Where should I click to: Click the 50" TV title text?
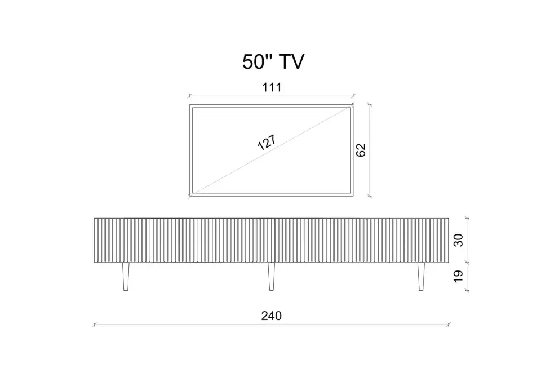pyautogui.click(x=273, y=62)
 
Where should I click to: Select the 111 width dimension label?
pyautogui.click(x=272, y=87)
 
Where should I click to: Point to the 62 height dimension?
pyautogui.click(x=361, y=150)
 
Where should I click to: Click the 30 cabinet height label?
pyautogui.click(x=458, y=240)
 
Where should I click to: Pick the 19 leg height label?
pyautogui.click(x=458, y=276)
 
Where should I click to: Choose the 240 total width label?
pyautogui.click(x=272, y=316)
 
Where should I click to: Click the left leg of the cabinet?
pyautogui.click(x=126, y=277)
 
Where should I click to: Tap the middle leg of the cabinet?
pyautogui.click(x=272, y=277)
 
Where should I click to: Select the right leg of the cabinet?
pyautogui.click(x=421, y=277)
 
